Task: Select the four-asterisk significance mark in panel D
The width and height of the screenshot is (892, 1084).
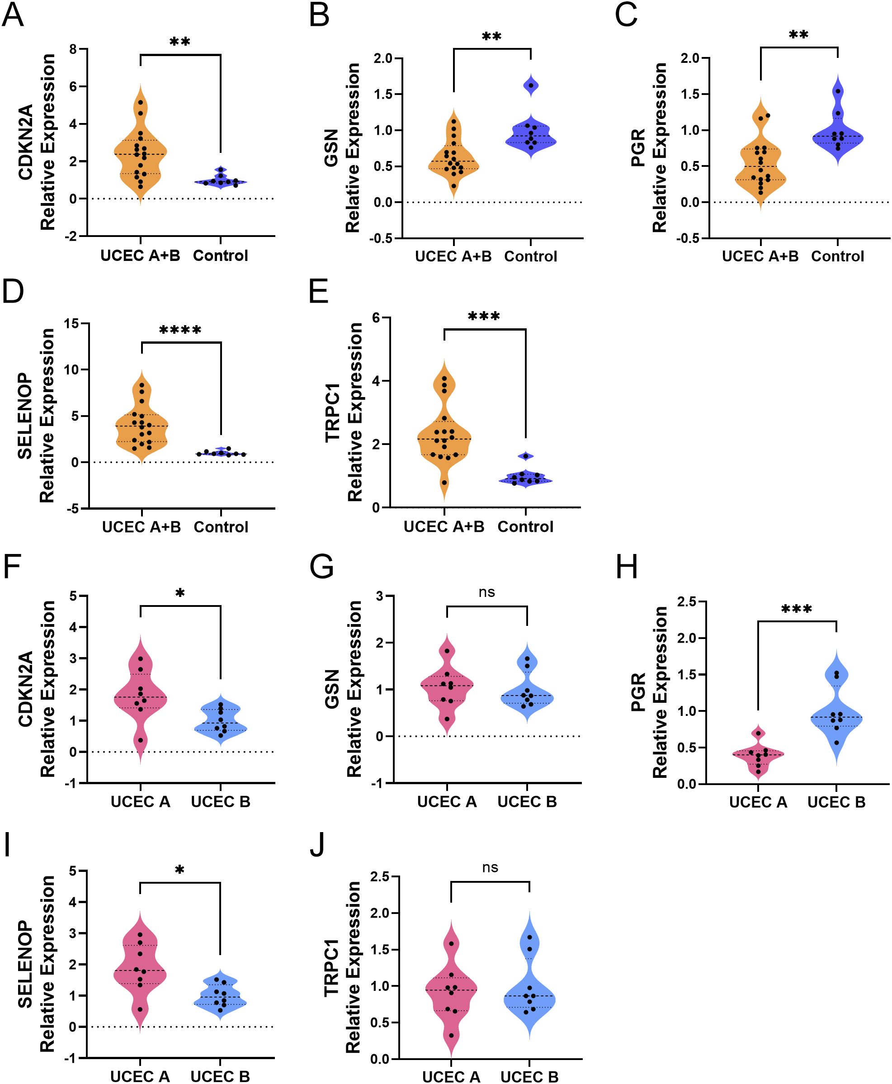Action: pos(180,330)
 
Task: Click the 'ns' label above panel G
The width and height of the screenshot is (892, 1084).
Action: pos(486,592)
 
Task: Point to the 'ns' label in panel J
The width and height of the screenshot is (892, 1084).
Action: pos(490,868)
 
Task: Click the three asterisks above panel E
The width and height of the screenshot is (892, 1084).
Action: pos(483,316)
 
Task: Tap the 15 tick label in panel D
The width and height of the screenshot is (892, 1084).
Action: pos(71,324)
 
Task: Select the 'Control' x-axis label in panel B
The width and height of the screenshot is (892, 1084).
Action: pos(530,256)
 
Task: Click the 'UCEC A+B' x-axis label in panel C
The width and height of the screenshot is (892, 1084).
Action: pos(760,256)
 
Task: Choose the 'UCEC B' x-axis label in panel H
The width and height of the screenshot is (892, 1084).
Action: pos(836,802)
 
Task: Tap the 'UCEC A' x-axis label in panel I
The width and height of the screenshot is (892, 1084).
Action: pos(140,1076)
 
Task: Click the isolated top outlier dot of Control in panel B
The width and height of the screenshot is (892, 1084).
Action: pos(531,85)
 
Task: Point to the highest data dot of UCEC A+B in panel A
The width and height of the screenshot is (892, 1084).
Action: pos(140,102)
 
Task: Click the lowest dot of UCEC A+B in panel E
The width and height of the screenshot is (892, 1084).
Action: pos(444,483)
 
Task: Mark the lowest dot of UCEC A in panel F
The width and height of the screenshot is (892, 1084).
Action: pos(140,740)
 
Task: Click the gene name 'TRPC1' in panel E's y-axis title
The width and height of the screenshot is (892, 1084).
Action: pos(332,412)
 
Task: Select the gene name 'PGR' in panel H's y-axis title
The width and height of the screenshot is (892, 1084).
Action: pos(637,692)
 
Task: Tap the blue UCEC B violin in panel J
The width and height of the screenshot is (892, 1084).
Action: pos(529,997)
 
